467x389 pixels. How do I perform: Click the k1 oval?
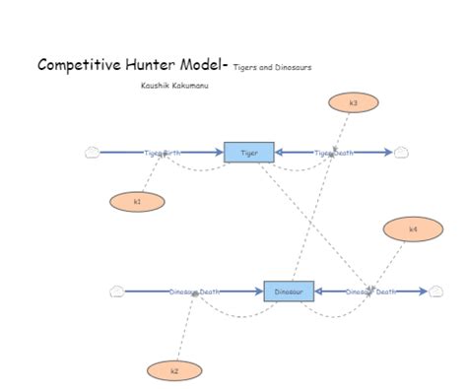click(x=137, y=202)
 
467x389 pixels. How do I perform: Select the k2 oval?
click(x=174, y=371)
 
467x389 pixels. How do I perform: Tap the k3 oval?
click(x=353, y=102)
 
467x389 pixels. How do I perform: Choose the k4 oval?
click(x=412, y=229)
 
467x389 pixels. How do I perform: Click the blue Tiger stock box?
click(x=248, y=153)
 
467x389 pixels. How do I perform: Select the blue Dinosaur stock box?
click(x=289, y=292)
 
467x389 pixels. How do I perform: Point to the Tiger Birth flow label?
click(x=163, y=153)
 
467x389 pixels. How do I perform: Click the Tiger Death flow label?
click(x=334, y=153)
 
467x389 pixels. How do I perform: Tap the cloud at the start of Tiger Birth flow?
click(x=93, y=152)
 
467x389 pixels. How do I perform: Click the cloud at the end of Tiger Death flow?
click(x=400, y=152)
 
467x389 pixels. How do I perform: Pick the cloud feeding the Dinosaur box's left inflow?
click(x=116, y=291)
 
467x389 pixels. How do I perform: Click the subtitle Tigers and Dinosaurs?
click(x=273, y=68)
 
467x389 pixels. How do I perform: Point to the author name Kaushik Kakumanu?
click(x=174, y=86)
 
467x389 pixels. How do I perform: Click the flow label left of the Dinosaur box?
click(x=195, y=292)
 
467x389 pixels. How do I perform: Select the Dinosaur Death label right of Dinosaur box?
click(x=371, y=292)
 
